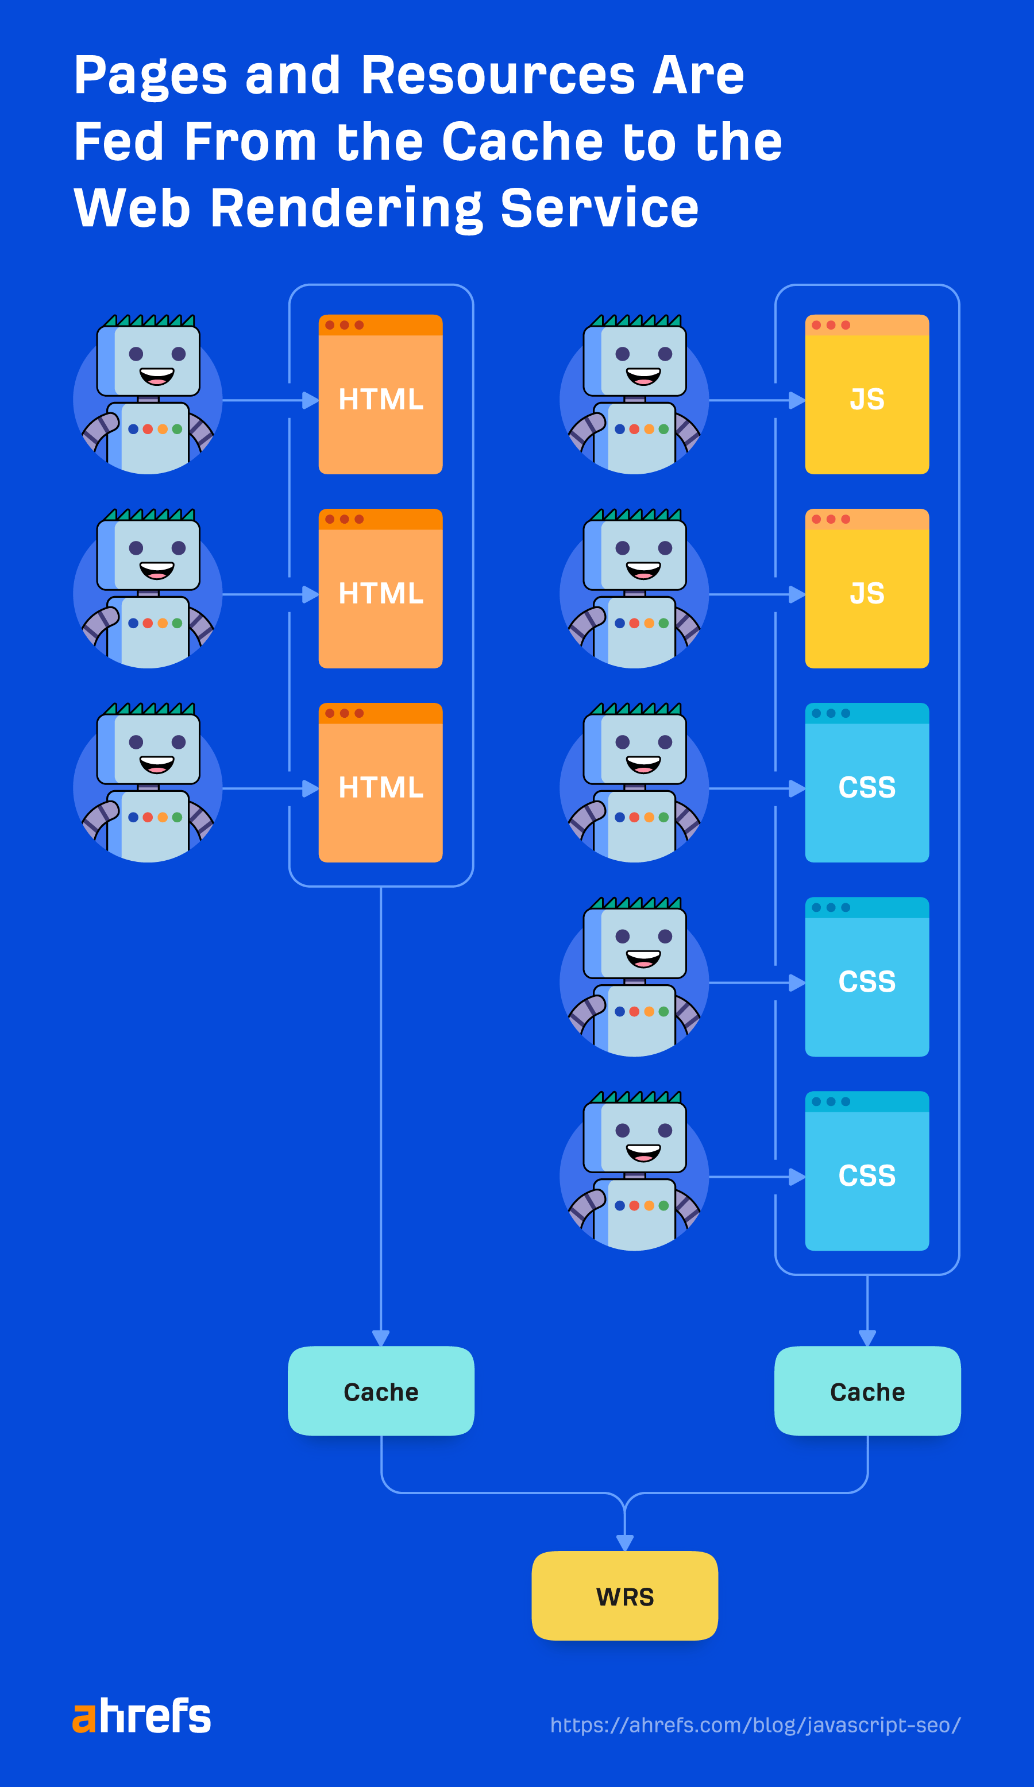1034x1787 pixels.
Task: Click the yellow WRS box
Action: coord(624,1596)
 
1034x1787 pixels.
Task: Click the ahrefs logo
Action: coord(141,1716)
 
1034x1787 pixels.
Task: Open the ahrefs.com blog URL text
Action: coord(755,1724)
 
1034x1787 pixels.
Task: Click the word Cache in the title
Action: coord(522,141)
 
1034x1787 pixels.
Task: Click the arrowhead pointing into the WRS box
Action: coord(624,1543)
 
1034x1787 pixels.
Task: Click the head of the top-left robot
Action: coord(148,358)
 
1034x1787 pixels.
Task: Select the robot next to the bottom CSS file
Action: coord(634,1171)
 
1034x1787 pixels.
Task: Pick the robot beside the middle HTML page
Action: coord(148,589)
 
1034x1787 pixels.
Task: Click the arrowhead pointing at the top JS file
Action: coord(796,401)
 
